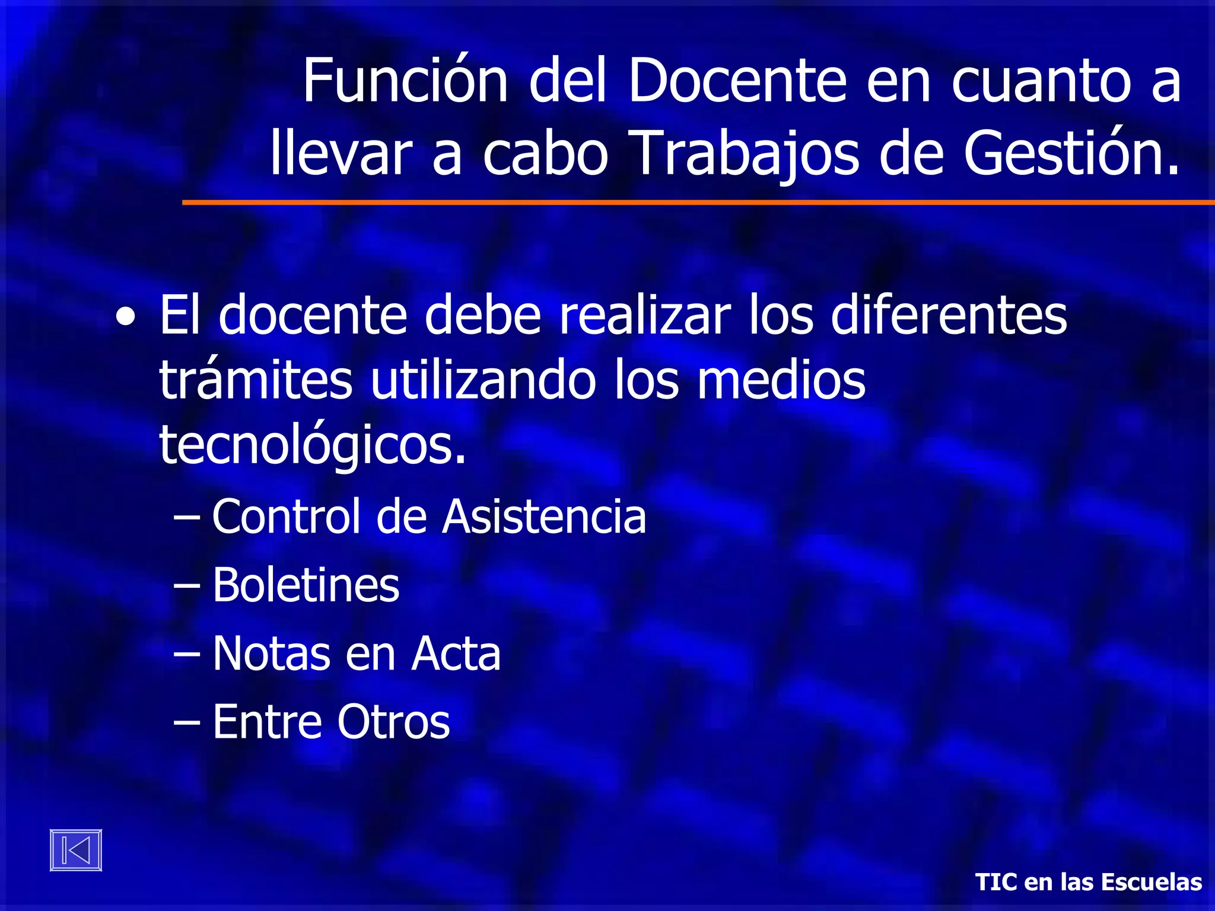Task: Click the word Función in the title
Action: [x=405, y=81]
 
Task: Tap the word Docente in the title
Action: [x=737, y=81]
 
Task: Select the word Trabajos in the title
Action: [x=743, y=154]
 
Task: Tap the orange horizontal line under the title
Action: [x=698, y=203]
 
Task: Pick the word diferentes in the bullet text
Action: [x=948, y=315]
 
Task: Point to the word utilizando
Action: [x=483, y=380]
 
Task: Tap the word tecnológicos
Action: [x=313, y=447]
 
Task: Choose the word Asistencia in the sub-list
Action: [x=544, y=517]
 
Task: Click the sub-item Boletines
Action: [x=306, y=585]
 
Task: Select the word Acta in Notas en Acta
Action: [x=456, y=654]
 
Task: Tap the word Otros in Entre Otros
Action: [x=393, y=722]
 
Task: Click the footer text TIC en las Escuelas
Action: [x=1089, y=882]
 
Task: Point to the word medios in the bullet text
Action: [x=781, y=380]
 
